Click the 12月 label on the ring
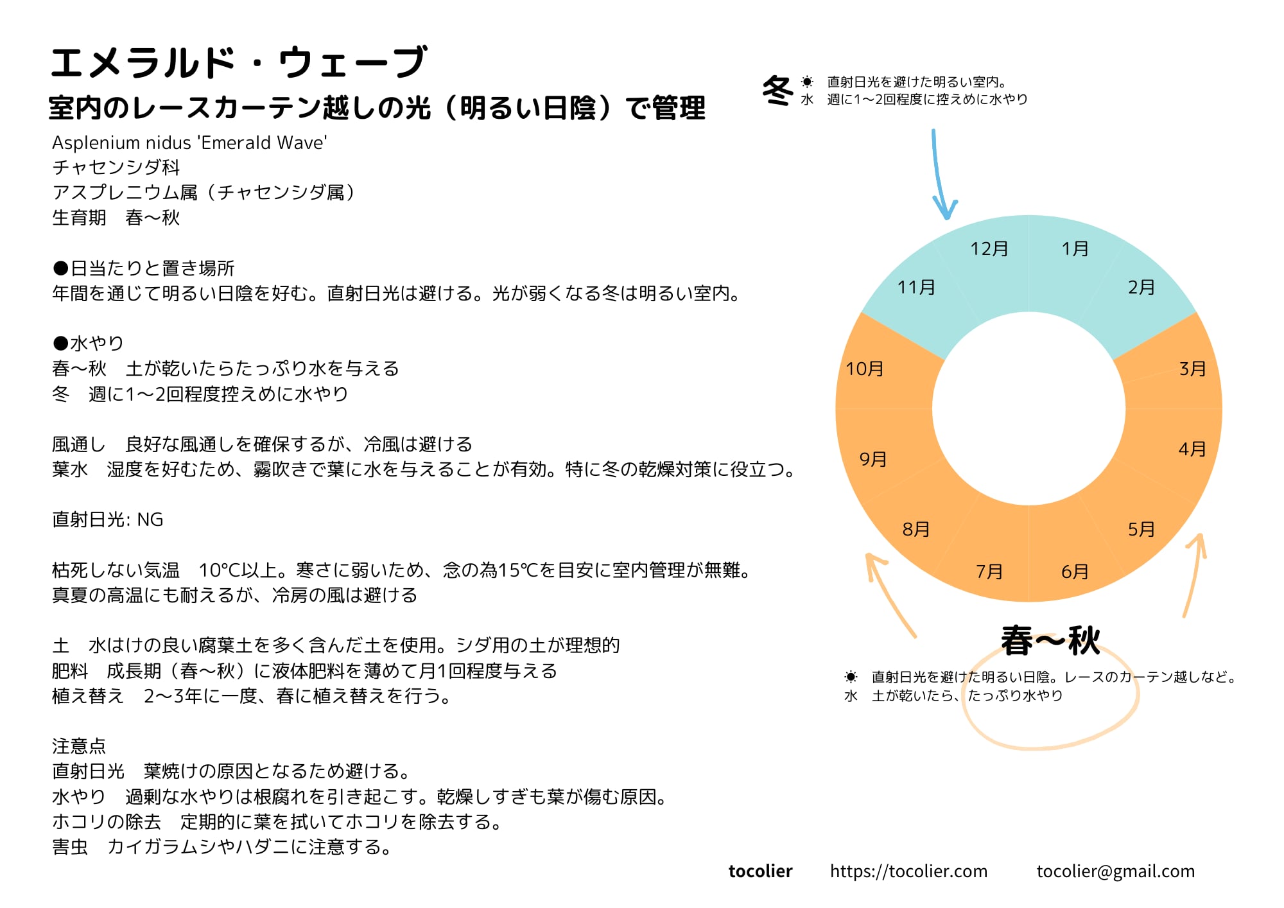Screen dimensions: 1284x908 point(989,249)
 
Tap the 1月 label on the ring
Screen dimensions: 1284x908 point(1075,249)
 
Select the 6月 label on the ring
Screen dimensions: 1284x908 point(1075,571)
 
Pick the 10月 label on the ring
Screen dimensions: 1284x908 point(864,369)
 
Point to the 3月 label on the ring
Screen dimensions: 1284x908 point(1192,369)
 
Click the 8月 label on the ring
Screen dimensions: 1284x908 point(915,529)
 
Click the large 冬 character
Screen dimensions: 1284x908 point(778,91)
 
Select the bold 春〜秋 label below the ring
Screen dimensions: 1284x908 point(1050,641)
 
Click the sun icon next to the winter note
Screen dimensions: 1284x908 point(807,82)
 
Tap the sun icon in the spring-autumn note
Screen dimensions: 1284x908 point(851,677)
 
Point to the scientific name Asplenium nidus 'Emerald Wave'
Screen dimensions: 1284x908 point(189,143)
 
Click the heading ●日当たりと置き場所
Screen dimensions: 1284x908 point(144,268)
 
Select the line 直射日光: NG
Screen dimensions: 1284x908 point(108,519)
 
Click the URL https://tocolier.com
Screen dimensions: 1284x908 point(908,871)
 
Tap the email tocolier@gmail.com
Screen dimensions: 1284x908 point(1115,871)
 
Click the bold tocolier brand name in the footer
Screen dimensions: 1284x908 point(760,871)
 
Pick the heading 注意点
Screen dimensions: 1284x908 point(79,746)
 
